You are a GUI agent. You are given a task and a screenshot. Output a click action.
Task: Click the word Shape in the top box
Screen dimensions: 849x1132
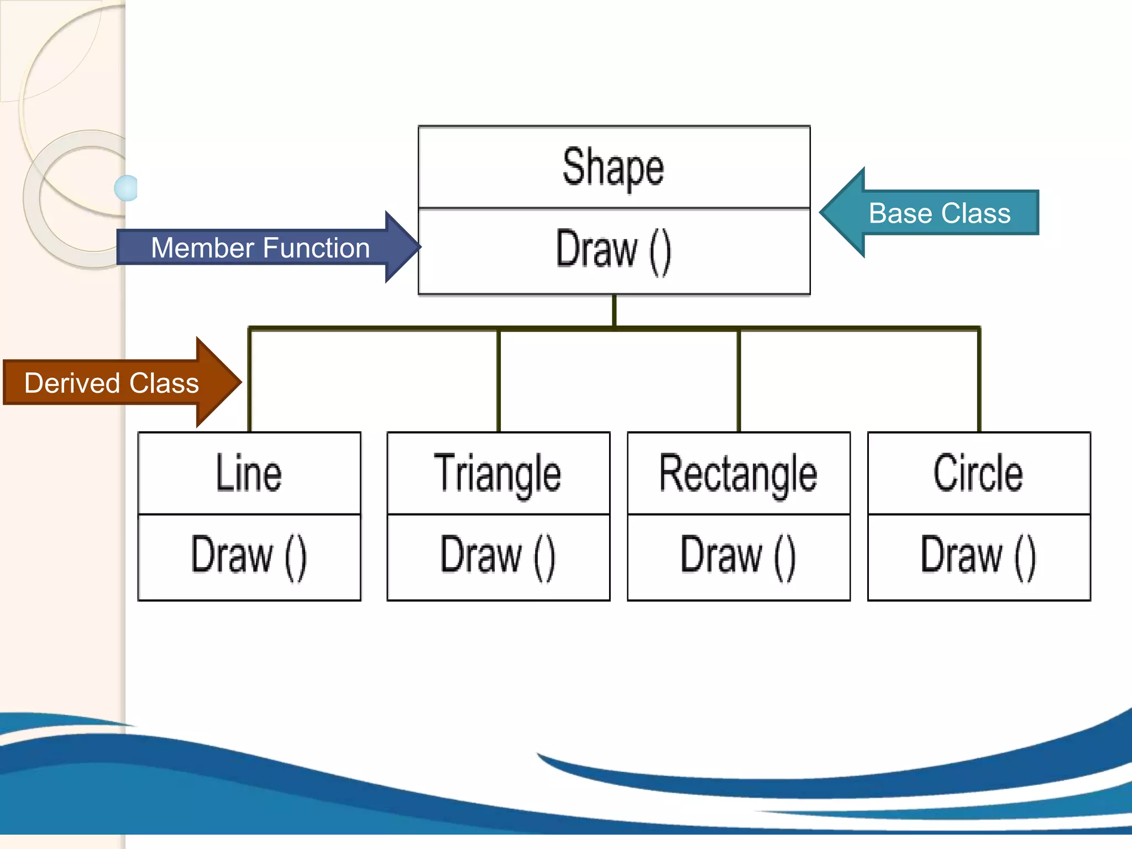[613, 167]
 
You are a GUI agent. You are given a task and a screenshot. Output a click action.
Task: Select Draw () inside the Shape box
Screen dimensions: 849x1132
[613, 250]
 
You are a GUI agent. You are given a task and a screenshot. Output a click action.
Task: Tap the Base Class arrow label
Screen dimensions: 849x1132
[939, 213]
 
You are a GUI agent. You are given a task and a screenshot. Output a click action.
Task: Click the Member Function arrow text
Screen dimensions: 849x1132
[260, 248]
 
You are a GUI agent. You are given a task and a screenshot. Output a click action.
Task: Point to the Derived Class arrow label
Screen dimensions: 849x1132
[112, 383]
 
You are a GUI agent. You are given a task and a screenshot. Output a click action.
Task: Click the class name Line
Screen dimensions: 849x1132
[249, 473]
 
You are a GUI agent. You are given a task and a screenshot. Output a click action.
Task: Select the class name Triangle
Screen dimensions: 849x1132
[497, 474]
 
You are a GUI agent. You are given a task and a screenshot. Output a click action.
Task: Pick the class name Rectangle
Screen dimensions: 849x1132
[738, 474]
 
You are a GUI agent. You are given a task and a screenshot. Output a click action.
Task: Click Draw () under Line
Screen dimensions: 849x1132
[249, 556]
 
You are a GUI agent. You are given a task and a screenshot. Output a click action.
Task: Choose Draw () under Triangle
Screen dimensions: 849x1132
[497, 556]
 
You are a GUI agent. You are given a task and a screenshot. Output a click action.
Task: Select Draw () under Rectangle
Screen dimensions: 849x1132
[738, 556]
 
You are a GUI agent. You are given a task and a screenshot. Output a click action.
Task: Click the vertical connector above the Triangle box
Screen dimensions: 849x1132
[499, 381]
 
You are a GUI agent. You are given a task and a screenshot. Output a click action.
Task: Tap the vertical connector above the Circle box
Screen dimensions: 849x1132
[979, 381]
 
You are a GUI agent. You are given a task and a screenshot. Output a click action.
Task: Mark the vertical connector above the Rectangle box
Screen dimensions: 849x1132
[738, 381]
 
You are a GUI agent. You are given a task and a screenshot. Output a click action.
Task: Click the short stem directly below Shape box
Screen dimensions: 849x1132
[614, 311]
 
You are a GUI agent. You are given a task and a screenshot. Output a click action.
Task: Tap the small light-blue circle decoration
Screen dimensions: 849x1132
[127, 188]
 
